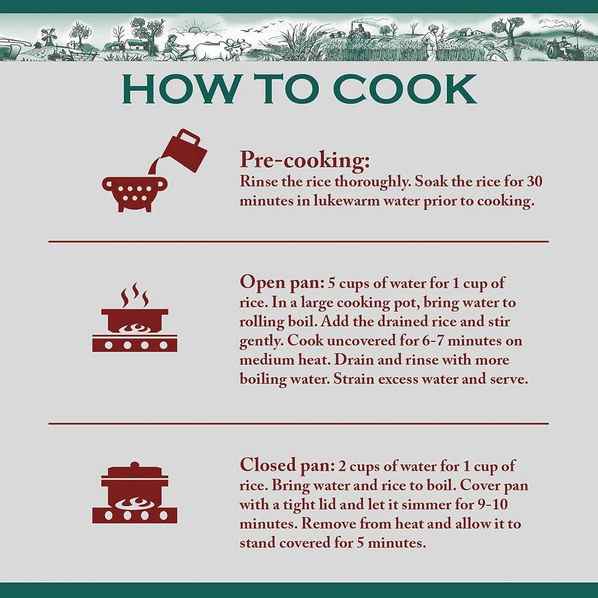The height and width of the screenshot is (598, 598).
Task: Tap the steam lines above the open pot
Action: click(135, 295)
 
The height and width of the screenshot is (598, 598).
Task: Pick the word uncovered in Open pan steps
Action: click(370, 341)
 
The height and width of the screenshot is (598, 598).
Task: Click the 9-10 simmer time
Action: click(492, 504)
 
